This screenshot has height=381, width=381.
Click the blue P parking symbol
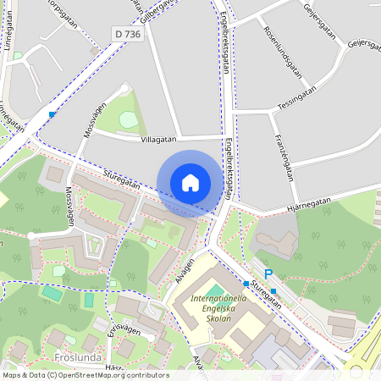269,273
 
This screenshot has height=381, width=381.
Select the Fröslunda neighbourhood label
78,358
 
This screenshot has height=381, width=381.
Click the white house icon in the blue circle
190,183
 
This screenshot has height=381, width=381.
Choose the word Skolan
213,323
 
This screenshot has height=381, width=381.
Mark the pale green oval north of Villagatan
128,119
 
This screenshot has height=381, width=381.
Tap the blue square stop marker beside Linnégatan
52,114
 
